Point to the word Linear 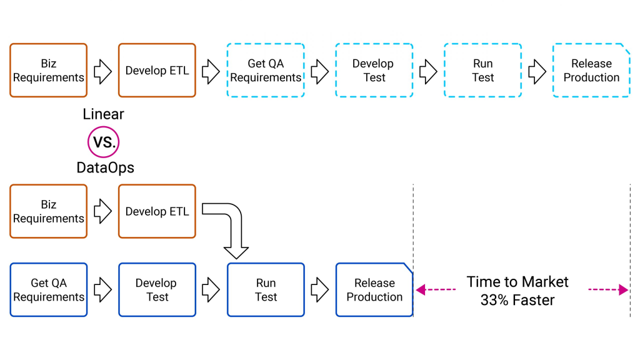click(103, 114)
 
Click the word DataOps click(105, 167)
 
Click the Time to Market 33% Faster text click(517, 291)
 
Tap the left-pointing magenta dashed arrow click(436, 290)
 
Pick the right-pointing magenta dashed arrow click(608, 290)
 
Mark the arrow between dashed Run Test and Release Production click(537, 72)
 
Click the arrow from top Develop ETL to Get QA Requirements click(211, 72)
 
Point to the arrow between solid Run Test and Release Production click(320, 290)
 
